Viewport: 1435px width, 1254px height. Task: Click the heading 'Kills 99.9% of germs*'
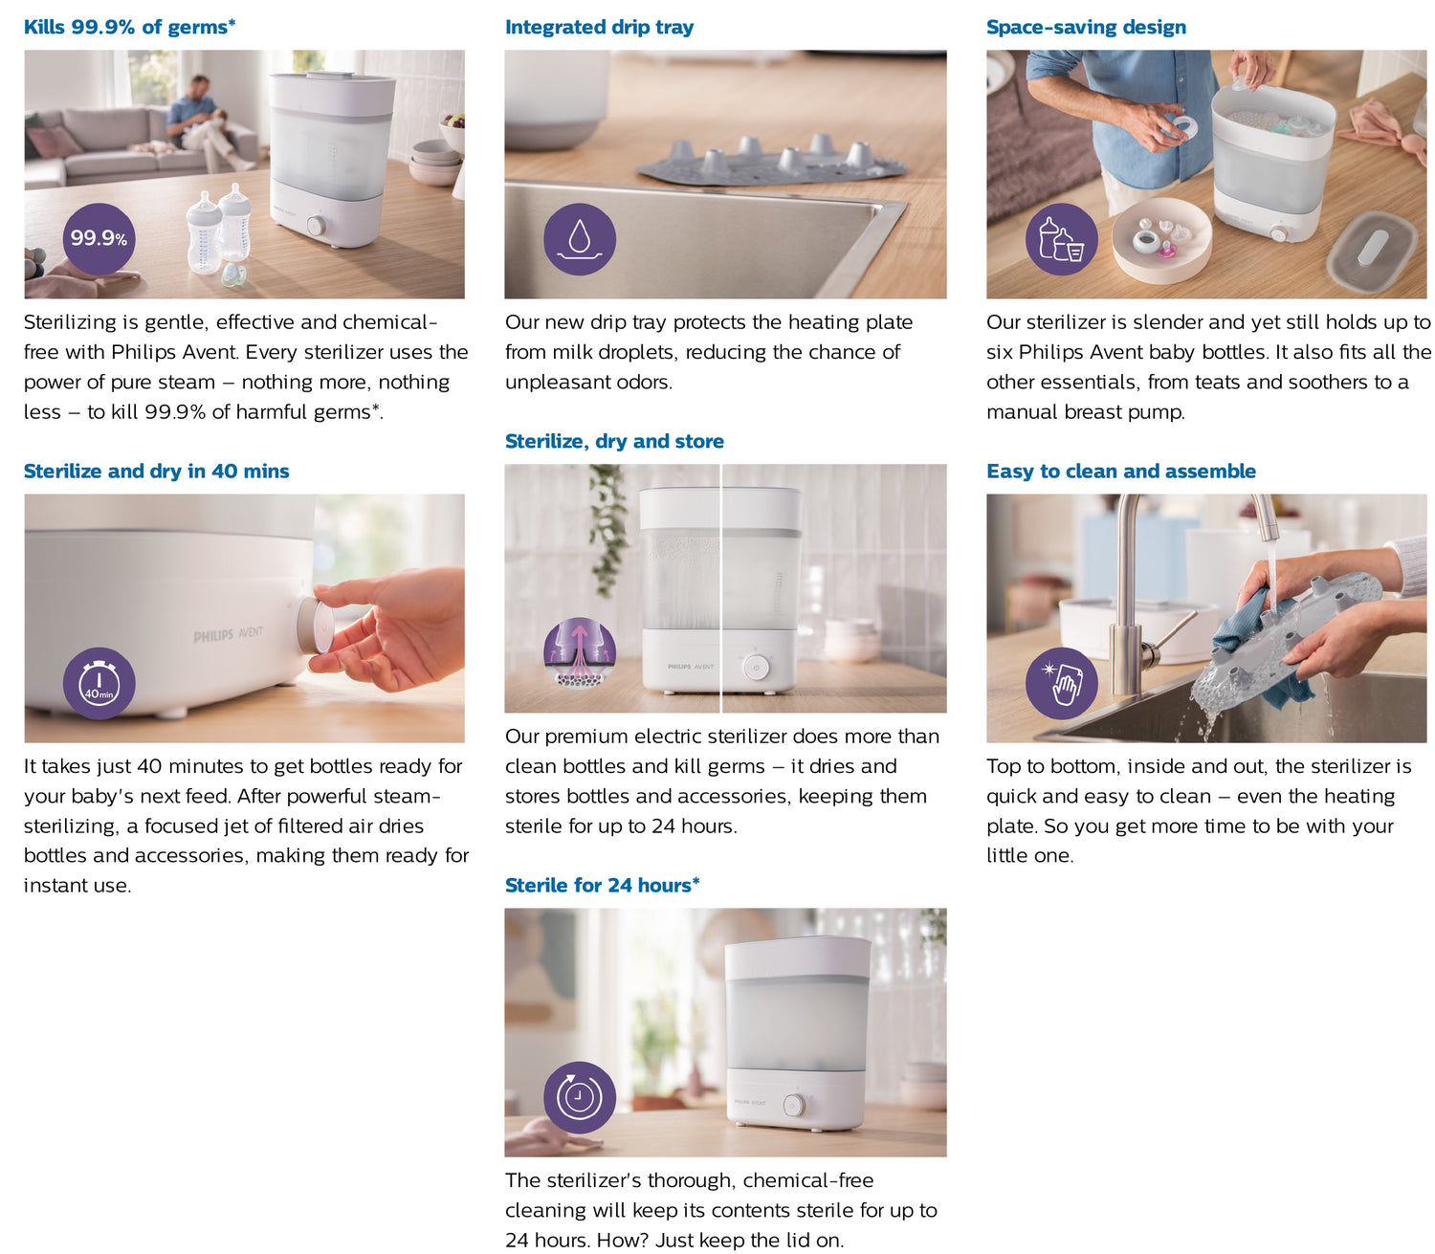pos(129,27)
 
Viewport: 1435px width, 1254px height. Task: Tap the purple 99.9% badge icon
pos(99,238)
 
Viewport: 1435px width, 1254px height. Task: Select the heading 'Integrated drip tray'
pos(599,27)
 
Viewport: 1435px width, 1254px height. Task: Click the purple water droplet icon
pos(579,238)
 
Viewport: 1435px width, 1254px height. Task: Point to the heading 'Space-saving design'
pos(1086,27)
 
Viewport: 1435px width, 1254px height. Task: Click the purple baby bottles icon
pos(1061,239)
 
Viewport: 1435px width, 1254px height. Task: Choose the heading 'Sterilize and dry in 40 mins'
pos(156,471)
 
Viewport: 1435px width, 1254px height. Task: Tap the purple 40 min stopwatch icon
pos(99,683)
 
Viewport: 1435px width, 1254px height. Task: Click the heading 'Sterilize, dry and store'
pos(614,441)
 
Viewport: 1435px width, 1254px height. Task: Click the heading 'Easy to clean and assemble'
pos(1120,471)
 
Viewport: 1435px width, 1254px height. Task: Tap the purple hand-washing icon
pos(1061,683)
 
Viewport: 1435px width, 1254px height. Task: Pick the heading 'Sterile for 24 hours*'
pos(602,885)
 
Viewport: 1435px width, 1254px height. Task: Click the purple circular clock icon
pos(579,1097)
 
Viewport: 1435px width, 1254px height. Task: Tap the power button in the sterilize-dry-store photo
pos(756,667)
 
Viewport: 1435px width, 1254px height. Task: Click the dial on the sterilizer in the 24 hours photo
pos(792,1106)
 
